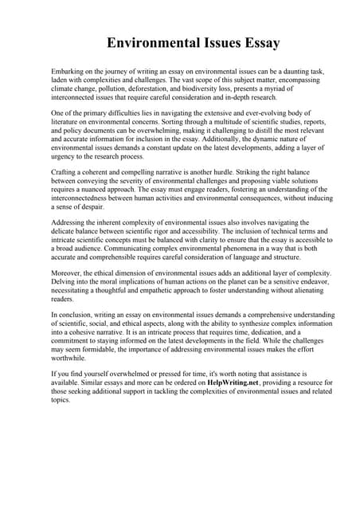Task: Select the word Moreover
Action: point(67,273)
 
